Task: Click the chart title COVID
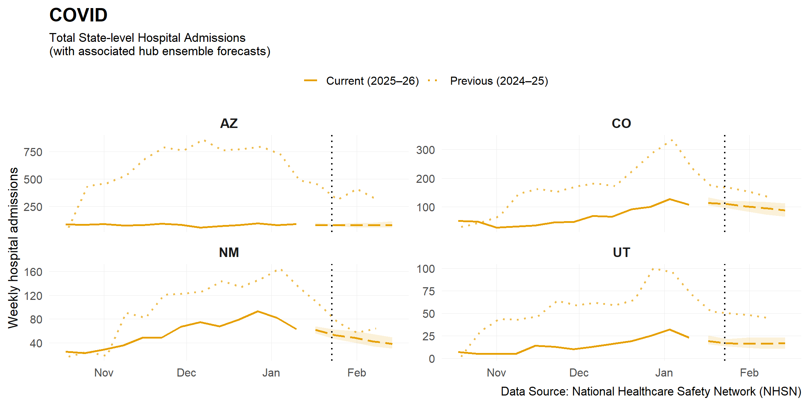point(78,15)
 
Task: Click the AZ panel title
point(229,123)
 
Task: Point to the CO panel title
point(621,123)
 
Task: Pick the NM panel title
point(229,252)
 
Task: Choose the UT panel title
point(621,252)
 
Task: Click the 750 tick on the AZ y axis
point(33,152)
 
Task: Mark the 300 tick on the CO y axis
point(425,150)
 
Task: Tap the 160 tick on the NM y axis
point(33,272)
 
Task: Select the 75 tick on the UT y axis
point(428,291)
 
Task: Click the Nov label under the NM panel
point(104,373)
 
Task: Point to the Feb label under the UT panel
point(749,373)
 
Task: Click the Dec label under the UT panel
point(579,373)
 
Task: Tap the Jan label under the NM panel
point(271,373)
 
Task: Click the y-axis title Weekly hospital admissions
point(13,248)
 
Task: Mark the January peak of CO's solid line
point(670,199)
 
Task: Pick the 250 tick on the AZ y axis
point(33,207)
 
